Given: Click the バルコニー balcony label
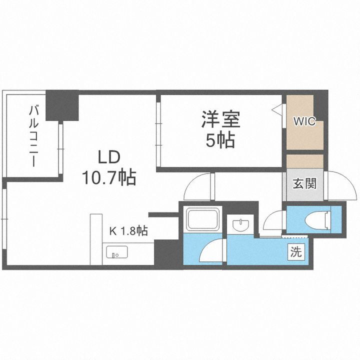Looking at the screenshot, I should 33,135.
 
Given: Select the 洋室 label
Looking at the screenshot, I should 221,120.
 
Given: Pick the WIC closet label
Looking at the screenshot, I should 304,121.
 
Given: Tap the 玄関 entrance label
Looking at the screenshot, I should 304,183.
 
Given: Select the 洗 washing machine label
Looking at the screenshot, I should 296,252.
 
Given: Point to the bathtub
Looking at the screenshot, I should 203,219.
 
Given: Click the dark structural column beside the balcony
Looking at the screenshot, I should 62,105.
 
